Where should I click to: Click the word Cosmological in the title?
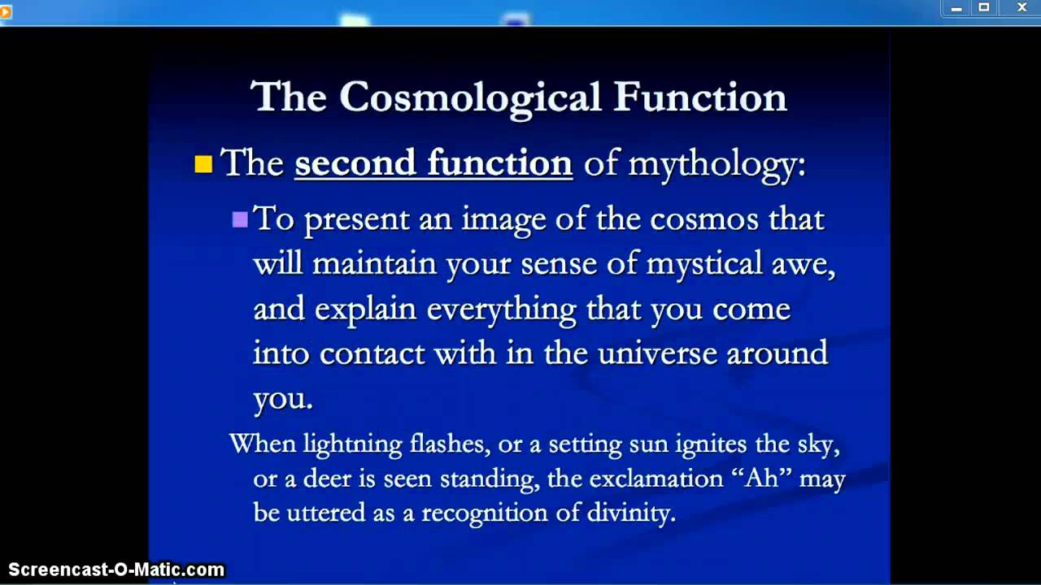(469, 97)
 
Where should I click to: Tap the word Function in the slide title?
(699, 97)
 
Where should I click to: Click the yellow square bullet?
(203, 165)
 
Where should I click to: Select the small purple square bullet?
(240, 219)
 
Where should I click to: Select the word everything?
(501, 310)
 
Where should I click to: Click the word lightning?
(352, 444)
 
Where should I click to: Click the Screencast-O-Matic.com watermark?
(116, 570)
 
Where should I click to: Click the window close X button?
(1022, 8)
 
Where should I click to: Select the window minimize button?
(956, 8)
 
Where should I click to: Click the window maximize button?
(984, 8)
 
